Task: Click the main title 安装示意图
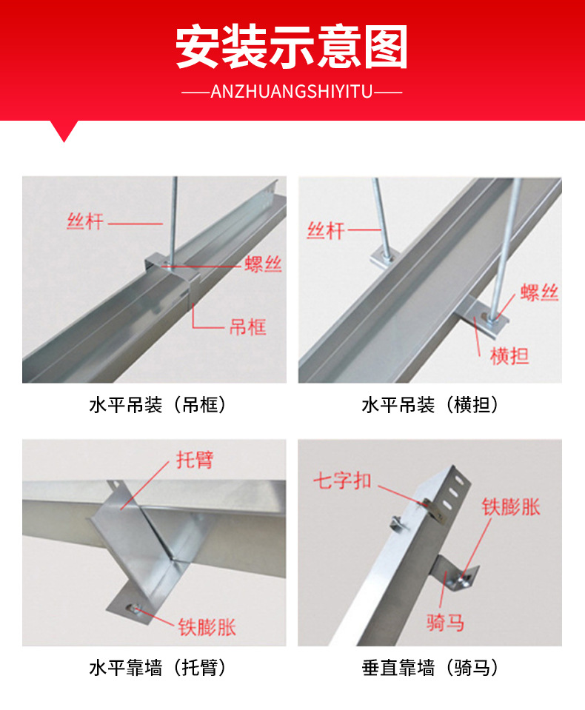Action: [292, 48]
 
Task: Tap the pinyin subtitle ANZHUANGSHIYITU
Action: [292, 92]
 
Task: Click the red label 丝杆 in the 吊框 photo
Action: [84, 221]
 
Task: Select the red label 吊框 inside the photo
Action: [247, 326]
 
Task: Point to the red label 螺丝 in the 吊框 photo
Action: [263, 264]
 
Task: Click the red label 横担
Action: [509, 356]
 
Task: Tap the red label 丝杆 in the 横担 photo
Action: [326, 230]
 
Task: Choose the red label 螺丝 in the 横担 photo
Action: [539, 293]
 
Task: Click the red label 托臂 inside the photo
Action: [195, 459]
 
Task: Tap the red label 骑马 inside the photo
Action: [445, 622]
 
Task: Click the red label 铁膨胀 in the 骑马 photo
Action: [511, 507]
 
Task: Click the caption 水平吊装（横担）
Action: [429, 405]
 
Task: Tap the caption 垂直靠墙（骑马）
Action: [429, 668]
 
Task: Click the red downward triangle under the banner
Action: [65, 130]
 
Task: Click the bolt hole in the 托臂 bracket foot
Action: [134, 609]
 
